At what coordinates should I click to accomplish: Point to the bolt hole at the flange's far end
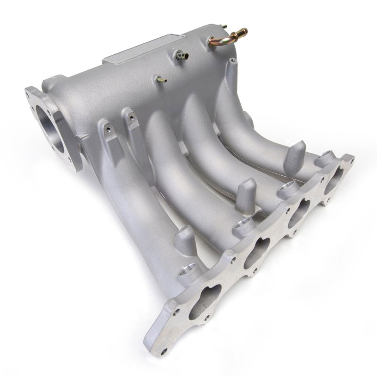coord(349,160)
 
